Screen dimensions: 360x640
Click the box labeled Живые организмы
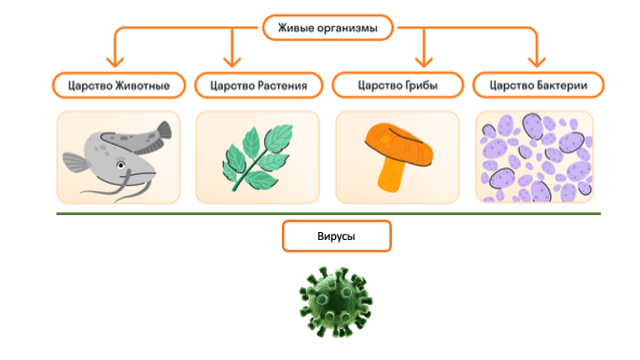[327, 28]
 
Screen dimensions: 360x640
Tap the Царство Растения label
[258, 85]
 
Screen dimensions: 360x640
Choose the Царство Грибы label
[397, 85]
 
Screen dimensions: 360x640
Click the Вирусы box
[336, 237]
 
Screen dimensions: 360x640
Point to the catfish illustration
[116, 156]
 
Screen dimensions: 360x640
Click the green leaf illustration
[257, 156]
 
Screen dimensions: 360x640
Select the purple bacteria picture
[537, 156]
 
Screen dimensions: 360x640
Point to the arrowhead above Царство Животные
[115, 62]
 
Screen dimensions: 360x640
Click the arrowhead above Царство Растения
[233, 62]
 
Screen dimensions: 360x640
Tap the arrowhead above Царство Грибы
[424, 62]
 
